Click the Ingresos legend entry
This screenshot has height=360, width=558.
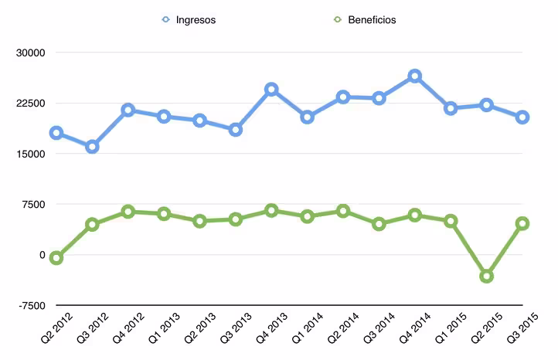click(192, 19)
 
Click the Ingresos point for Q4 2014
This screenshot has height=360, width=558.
click(415, 76)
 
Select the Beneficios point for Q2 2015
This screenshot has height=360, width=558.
click(487, 276)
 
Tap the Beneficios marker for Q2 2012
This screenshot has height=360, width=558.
click(56, 258)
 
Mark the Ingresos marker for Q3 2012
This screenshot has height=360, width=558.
click(92, 147)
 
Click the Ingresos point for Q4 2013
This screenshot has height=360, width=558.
click(271, 90)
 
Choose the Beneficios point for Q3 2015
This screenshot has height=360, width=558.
click(522, 223)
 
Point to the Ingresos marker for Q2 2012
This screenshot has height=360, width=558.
click(56, 133)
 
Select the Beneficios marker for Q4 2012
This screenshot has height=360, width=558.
click(128, 212)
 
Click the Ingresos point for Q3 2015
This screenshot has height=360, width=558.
click(522, 117)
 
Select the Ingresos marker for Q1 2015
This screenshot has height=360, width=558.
click(451, 108)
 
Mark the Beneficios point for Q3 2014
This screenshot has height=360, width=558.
click(379, 224)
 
